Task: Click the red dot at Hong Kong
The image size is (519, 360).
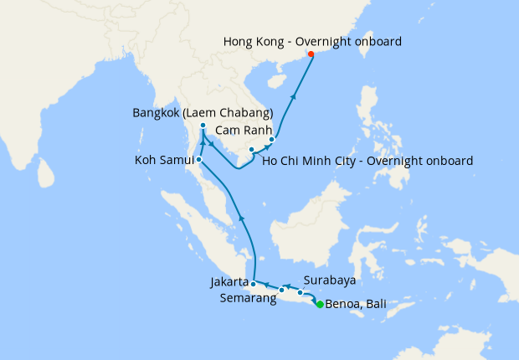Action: (311, 55)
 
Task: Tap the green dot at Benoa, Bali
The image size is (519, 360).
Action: (320, 305)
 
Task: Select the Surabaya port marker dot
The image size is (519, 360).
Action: (301, 292)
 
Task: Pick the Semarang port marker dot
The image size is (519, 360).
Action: (281, 291)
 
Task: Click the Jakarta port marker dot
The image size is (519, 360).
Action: (253, 284)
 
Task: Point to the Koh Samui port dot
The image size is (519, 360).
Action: (199, 159)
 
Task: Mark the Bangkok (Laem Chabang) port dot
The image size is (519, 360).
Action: (203, 126)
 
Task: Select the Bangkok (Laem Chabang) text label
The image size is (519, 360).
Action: (203, 112)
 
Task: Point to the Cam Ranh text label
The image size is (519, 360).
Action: (241, 131)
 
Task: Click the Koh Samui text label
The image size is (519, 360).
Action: (163, 160)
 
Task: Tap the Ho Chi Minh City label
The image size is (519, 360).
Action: (367, 160)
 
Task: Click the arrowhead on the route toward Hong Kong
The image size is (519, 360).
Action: (293, 96)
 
